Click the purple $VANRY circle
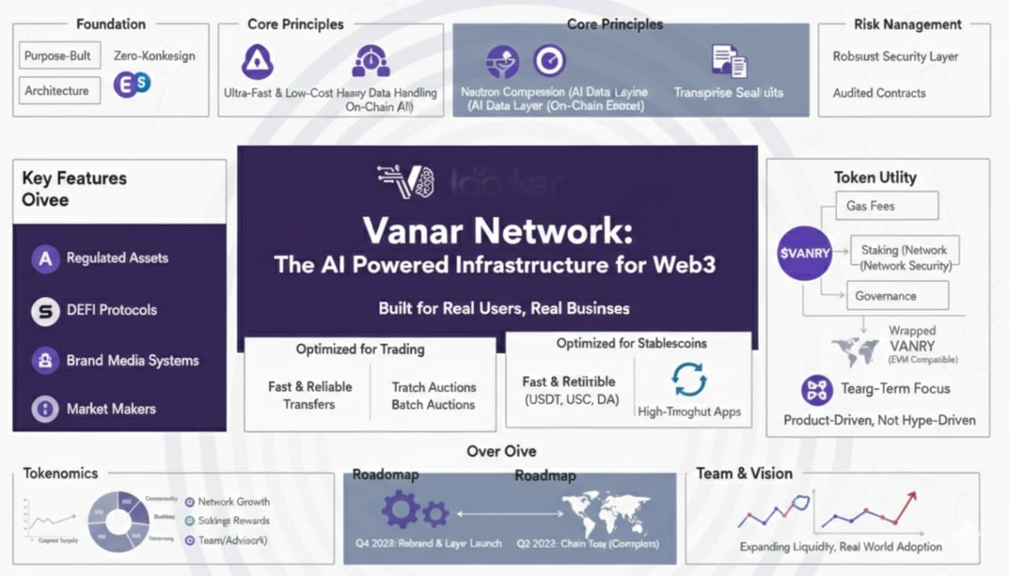804,253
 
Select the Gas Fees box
881,206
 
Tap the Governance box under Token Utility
896,296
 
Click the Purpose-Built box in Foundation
58,56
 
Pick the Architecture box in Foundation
58,91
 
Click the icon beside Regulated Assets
45,258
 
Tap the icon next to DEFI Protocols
45,310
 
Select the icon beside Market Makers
45,409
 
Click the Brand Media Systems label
132,361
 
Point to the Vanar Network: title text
497,230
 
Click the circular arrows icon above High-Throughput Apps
690,380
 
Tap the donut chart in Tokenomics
117,521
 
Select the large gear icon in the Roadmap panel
400,509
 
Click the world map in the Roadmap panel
605,512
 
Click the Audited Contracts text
879,93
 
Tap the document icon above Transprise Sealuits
728,61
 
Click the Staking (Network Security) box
903,258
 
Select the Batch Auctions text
434,405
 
